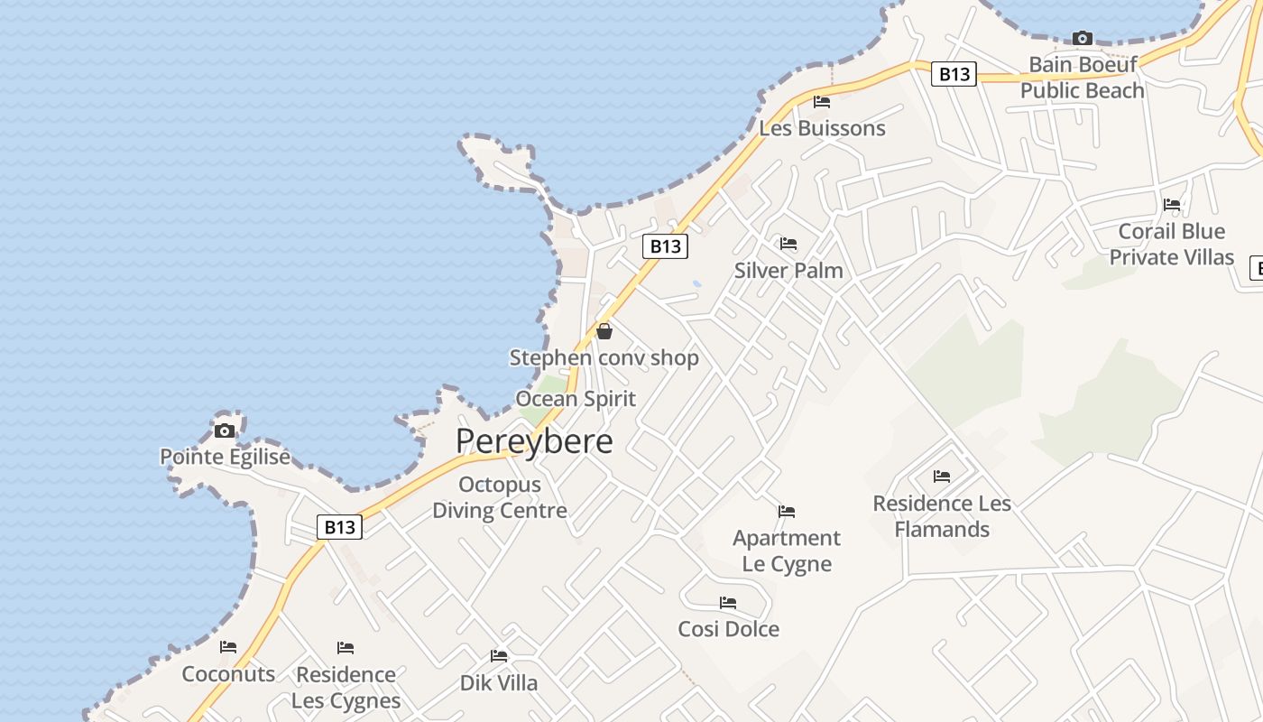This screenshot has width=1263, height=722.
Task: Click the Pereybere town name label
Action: click(534, 441)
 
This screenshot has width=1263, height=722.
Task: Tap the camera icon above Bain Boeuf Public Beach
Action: click(1082, 38)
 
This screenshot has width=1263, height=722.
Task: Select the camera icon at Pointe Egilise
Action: click(225, 430)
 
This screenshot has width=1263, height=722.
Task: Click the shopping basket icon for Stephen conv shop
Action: click(604, 331)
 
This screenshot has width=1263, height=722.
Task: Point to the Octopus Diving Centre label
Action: click(500, 497)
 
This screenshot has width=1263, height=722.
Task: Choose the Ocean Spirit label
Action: click(576, 399)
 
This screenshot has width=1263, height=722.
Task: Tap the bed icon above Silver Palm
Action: click(788, 244)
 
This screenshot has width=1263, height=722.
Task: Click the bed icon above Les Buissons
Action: click(822, 101)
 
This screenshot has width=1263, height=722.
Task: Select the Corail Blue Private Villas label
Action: click(1171, 245)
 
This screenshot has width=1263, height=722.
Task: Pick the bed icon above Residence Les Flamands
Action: click(942, 477)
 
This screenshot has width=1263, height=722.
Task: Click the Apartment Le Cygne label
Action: click(787, 551)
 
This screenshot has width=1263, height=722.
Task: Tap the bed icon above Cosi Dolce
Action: click(728, 603)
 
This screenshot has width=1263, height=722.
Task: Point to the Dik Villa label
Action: click(499, 683)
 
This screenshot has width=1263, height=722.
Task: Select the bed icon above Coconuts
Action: click(228, 647)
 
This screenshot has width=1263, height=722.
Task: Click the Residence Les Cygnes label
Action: click(346, 688)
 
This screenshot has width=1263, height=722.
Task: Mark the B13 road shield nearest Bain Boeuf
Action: click(954, 74)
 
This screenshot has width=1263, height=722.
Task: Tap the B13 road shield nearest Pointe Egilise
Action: click(340, 527)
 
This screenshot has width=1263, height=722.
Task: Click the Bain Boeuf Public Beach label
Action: click(1083, 78)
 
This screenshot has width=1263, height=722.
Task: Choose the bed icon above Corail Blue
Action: click(1172, 205)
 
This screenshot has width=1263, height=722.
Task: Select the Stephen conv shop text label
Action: click(604, 358)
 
